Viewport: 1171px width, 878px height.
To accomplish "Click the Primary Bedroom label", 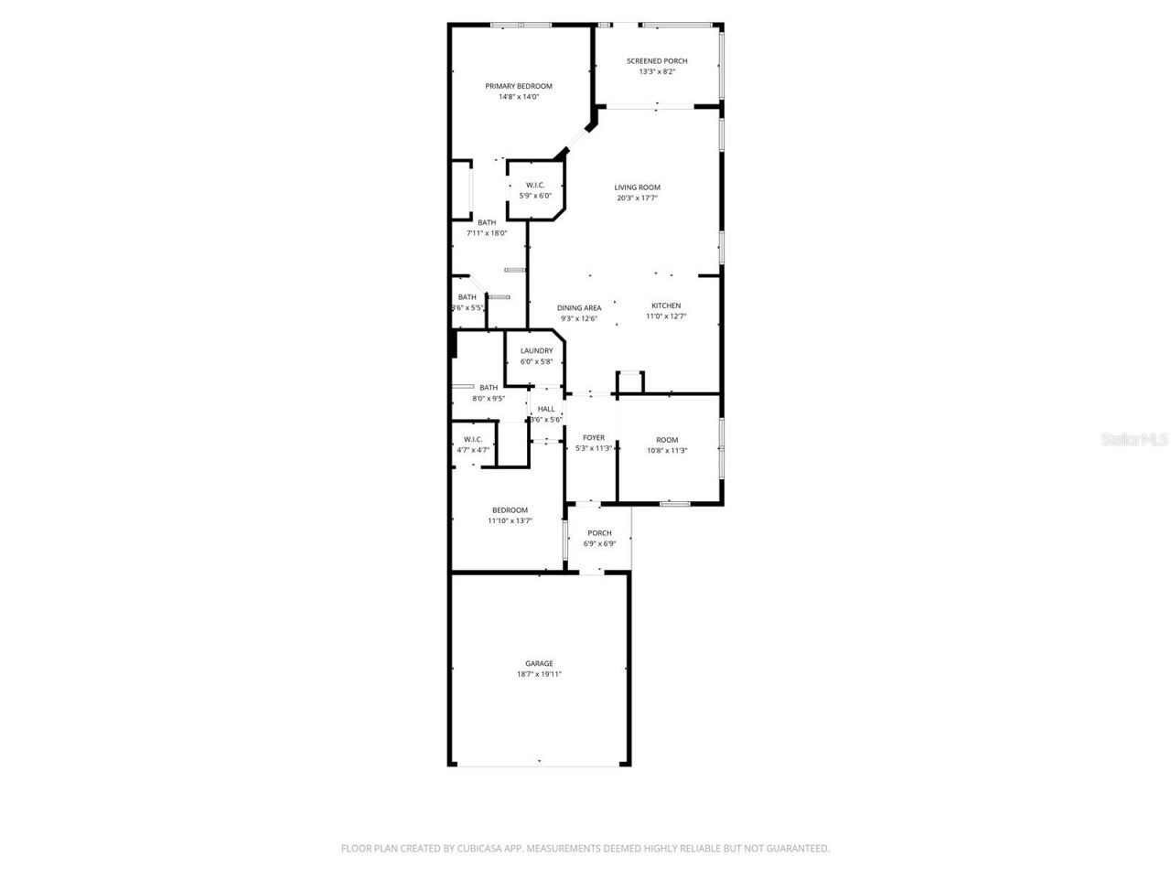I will point(519,86).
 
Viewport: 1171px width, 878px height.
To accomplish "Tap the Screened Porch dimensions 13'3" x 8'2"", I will point(657,71).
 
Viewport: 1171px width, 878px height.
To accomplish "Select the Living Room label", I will point(637,187).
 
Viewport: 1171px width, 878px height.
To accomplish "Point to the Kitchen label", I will point(666,305).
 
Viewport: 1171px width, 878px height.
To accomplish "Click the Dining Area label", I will point(579,308).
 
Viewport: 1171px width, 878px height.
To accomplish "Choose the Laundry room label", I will point(536,350).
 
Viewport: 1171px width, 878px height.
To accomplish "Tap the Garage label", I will point(539,664).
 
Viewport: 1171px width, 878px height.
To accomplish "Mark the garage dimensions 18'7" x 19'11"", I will point(539,675).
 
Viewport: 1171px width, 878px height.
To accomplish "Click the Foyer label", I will point(594,438).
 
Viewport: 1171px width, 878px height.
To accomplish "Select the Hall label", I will point(546,409).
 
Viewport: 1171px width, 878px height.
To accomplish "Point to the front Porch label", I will point(599,533).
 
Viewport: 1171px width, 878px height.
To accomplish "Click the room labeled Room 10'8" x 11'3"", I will point(667,440).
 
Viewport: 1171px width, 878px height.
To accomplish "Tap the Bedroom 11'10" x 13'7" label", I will point(510,510).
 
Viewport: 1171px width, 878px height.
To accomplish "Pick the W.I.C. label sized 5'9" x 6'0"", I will point(535,185).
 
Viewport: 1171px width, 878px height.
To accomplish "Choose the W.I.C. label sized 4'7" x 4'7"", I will point(473,439).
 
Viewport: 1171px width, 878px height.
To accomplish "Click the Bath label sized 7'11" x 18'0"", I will point(487,222).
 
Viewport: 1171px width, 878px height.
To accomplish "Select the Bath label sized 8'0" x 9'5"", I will point(489,387).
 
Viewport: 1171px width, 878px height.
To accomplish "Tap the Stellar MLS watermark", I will point(1134,439).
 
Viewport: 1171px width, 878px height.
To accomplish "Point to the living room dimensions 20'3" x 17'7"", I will point(637,198).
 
